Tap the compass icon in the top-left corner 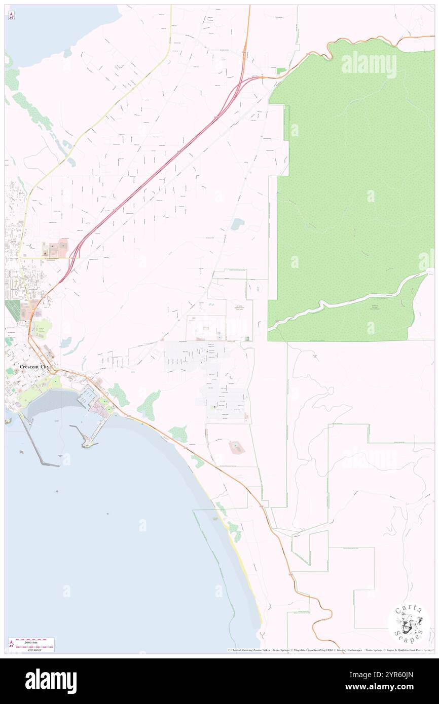11,16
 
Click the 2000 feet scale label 33,641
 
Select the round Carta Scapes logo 409,624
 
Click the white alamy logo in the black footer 51,681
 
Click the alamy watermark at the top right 369,64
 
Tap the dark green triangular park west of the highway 13,310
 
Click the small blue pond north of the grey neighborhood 236,223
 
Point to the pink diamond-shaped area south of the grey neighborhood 235,447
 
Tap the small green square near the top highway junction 281,70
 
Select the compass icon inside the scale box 11,645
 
